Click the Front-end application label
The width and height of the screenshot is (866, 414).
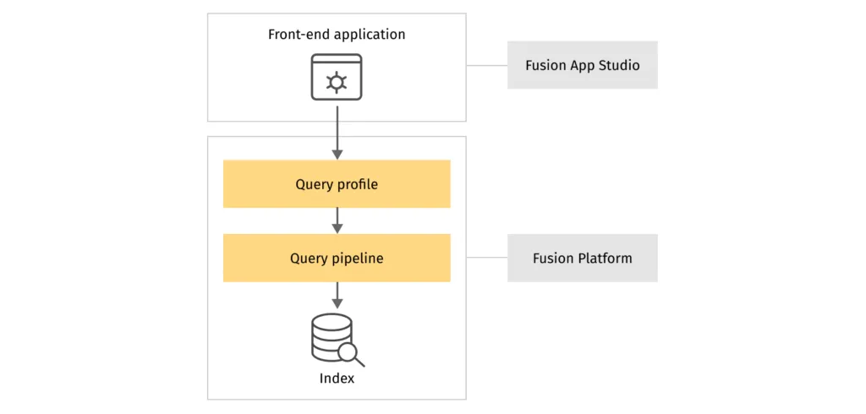pyautogui.click(x=337, y=35)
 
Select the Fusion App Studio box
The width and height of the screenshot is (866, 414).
pyautogui.click(x=582, y=65)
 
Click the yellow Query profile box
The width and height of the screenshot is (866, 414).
pyautogui.click(x=337, y=184)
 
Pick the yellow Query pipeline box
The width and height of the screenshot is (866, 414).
pyautogui.click(x=337, y=259)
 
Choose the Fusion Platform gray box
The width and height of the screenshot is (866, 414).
pyautogui.click(x=582, y=258)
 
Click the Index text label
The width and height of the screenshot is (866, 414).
pyautogui.click(x=337, y=378)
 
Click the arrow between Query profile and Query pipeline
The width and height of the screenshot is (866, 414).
pyautogui.click(x=337, y=220)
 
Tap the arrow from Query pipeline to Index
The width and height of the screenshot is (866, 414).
pyautogui.click(x=337, y=294)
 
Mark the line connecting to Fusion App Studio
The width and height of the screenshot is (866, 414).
pyautogui.click(x=486, y=65)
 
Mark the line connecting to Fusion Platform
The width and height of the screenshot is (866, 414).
pyautogui.click(x=486, y=258)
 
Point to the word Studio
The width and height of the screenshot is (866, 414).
pyautogui.click(x=618, y=65)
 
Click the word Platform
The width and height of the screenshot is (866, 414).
pyautogui.click(x=605, y=258)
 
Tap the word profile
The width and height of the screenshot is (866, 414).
pyautogui.click(x=358, y=184)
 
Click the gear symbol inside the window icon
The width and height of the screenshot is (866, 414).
pyautogui.click(x=337, y=82)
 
